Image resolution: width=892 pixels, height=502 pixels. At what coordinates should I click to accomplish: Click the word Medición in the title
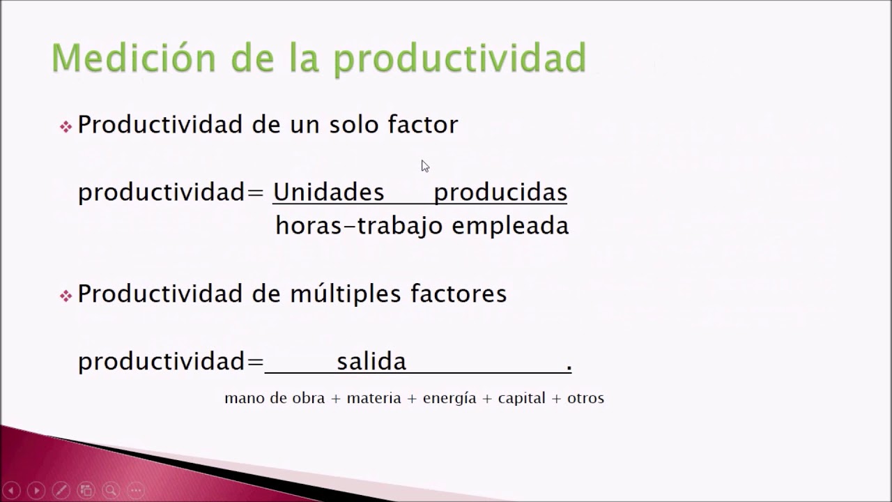[134, 58]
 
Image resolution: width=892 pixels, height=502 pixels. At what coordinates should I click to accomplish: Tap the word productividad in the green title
[459, 59]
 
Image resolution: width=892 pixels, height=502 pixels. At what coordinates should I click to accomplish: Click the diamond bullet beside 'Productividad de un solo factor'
[66, 127]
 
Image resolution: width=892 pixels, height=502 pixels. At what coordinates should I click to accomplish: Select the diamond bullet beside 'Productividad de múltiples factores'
[66, 296]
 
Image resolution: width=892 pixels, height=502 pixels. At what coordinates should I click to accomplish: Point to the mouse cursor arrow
[425, 166]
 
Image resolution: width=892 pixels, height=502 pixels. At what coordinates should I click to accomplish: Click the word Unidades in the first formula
[328, 192]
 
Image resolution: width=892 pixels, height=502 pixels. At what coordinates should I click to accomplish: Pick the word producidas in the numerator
[500, 193]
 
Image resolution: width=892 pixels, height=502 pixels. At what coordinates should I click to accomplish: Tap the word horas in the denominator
[309, 225]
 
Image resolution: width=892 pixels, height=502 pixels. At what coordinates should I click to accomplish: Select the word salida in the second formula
[371, 361]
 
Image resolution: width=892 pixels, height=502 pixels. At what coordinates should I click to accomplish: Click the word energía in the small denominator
[449, 398]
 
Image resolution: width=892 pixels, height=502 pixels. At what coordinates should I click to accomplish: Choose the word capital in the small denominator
[522, 398]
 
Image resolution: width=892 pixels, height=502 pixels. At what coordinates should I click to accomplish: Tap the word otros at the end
[586, 398]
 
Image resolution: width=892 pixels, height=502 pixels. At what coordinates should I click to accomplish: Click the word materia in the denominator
[374, 398]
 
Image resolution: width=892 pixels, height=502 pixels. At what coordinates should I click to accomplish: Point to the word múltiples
[346, 295]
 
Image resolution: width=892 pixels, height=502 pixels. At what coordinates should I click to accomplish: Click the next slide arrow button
[36, 490]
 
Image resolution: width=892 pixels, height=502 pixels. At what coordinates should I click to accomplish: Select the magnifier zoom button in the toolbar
[111, 490]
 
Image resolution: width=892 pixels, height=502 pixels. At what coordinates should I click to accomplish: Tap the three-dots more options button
[136, 490]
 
